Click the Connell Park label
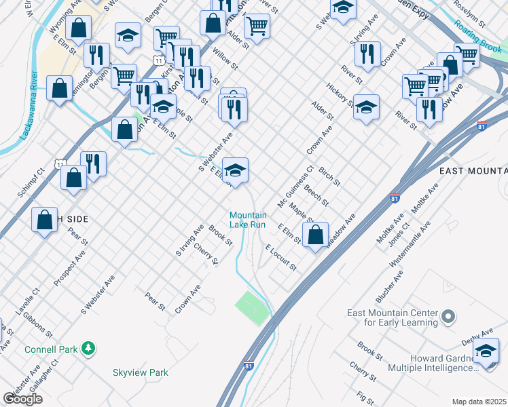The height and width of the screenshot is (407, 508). [50, 349]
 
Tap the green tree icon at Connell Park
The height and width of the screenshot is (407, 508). [88, 349]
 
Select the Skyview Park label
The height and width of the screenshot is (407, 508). [140, 372]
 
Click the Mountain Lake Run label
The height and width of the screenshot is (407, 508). [248, 220]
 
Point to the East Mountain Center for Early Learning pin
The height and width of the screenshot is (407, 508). [448, 317]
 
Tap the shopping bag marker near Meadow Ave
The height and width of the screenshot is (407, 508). [315, 235]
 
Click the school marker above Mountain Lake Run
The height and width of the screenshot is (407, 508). [235, 171]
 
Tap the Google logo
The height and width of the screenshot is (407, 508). [22, 399]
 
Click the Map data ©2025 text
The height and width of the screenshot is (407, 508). [479, 402]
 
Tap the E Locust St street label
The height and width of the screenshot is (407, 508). [281, 258]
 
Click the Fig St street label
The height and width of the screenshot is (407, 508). [365, 396]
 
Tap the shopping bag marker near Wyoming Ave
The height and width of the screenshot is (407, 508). [79, 28]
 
